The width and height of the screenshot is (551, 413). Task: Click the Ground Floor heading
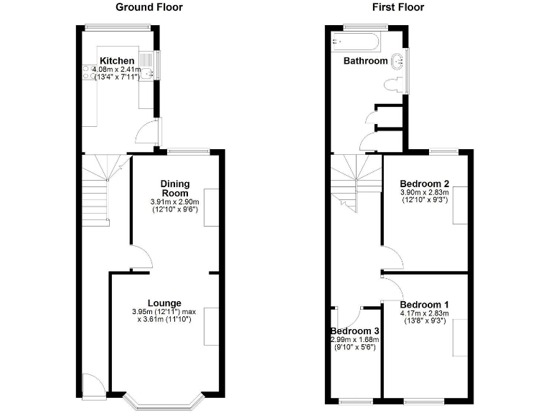[149, 7]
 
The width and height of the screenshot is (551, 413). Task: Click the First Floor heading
[398, 7]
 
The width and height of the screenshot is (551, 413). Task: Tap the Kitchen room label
[117, 60]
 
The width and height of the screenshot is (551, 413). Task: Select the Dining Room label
[174, 189]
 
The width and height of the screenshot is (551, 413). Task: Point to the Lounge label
[164, 303]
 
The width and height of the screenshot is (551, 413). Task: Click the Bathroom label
[365, 61]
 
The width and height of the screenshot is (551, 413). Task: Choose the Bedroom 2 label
[424, 182]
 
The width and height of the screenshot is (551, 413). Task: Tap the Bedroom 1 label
[424, 303]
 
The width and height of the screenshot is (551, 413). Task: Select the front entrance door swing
[92, 386]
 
